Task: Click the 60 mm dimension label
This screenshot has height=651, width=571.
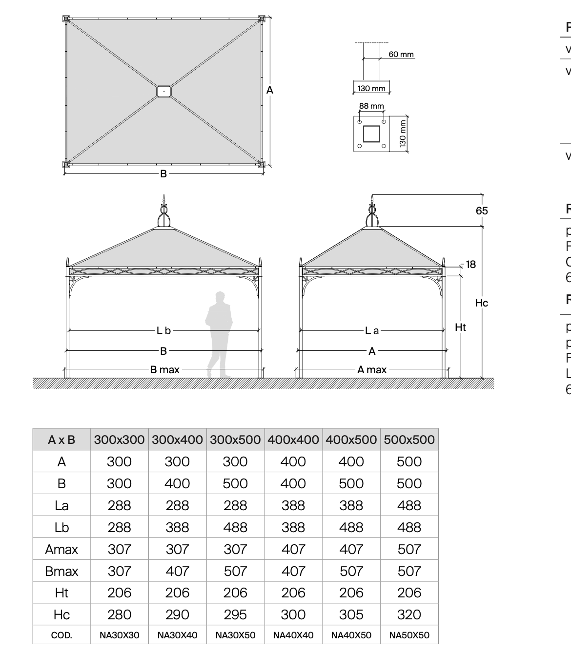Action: (401, 54)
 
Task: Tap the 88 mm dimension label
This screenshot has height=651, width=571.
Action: (371, 106)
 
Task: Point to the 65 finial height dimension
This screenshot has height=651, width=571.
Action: (482, 211)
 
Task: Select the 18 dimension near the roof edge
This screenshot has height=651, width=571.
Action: (470, 264)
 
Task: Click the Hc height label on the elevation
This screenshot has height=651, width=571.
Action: (481, 303)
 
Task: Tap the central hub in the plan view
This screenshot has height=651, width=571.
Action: (164, 91)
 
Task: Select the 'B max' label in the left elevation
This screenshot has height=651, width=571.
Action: (165, 369)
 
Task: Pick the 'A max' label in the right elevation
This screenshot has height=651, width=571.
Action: (372, 369)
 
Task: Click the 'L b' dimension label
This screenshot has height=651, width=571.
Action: (164, 330)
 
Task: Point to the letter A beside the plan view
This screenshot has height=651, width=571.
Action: (270, 90)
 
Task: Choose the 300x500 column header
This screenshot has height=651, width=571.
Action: (235, 440)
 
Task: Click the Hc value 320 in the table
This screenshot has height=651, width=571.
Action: (409, 614)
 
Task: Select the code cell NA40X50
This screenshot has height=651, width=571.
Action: (351, 635)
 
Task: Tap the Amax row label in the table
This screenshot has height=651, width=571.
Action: (61, 549)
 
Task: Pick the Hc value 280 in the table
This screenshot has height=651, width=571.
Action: (119, 614)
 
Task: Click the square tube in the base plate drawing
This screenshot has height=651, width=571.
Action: (372, 134)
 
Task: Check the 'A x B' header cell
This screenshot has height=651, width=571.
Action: (61, 440)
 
